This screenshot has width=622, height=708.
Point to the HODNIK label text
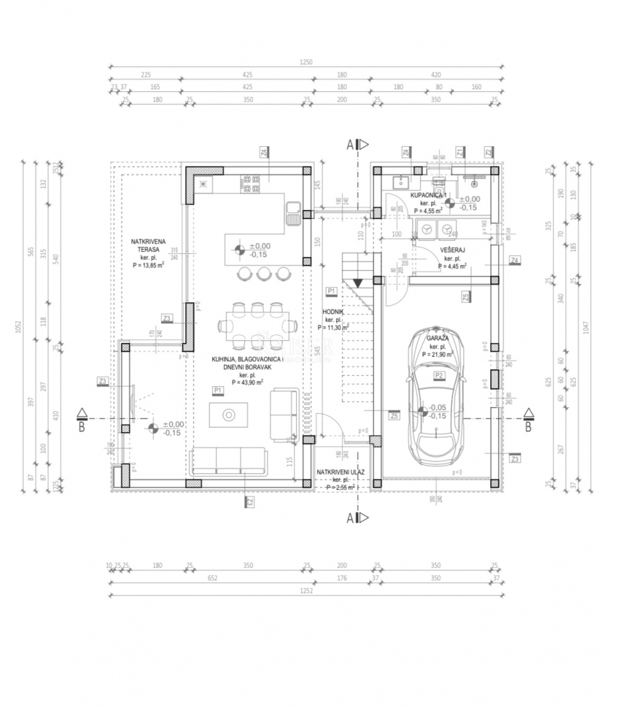click(x=333, y=312)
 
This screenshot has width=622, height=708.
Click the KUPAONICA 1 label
click(x=429, y=196)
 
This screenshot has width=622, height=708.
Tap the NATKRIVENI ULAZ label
click(x=341, y=472)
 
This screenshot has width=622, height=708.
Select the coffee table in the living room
click(x=229, y=415)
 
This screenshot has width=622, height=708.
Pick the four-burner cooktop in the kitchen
click(x=251, y=184)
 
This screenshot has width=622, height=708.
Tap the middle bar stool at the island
click(x=264, y=273)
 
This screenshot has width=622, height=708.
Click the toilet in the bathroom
click(x=438, y=178)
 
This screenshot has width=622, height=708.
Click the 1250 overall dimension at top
click(x=306, y=63)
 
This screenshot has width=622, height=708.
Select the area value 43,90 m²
click(x=247, y=382)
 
